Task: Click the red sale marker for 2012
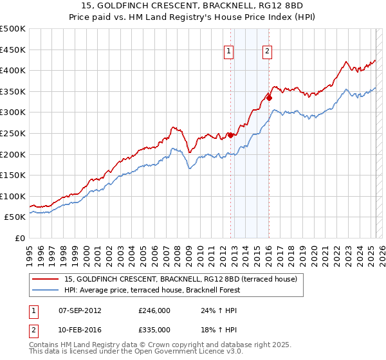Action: click(x=230, y=135)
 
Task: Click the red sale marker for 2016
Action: click(x=269, y=98)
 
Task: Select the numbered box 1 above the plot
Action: click(x=229, y=53)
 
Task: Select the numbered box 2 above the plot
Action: click(x=267, y=53)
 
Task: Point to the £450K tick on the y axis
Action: click(x=13, y=50)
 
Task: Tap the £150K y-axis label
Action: click(x=13, y=175)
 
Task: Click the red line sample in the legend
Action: click(x=45, y=279)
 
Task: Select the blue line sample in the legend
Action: click(x=45, y=290)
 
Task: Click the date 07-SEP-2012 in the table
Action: click(x=80, y=310)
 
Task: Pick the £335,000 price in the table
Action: click(x=154, y=329)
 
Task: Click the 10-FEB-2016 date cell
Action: click(x=80, y=329)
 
